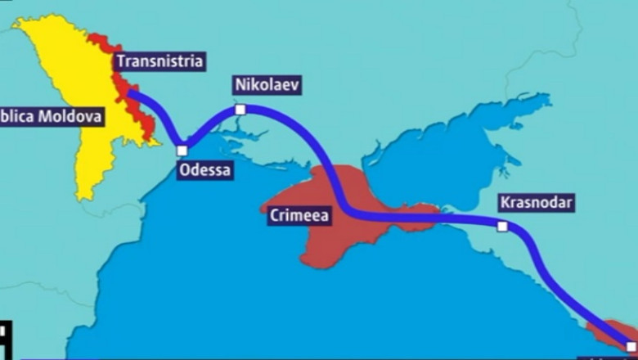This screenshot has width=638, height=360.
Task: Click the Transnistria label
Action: pos(159,61)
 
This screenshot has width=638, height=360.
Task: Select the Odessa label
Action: pos(204,170)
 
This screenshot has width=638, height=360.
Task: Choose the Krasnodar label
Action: pos(537,202)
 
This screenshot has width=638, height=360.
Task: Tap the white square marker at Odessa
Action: pos(182,151)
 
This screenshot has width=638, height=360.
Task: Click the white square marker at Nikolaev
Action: pos(240,110)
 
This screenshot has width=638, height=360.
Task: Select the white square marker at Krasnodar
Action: pos(502,227)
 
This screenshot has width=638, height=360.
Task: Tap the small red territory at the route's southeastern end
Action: pos(609,331)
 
